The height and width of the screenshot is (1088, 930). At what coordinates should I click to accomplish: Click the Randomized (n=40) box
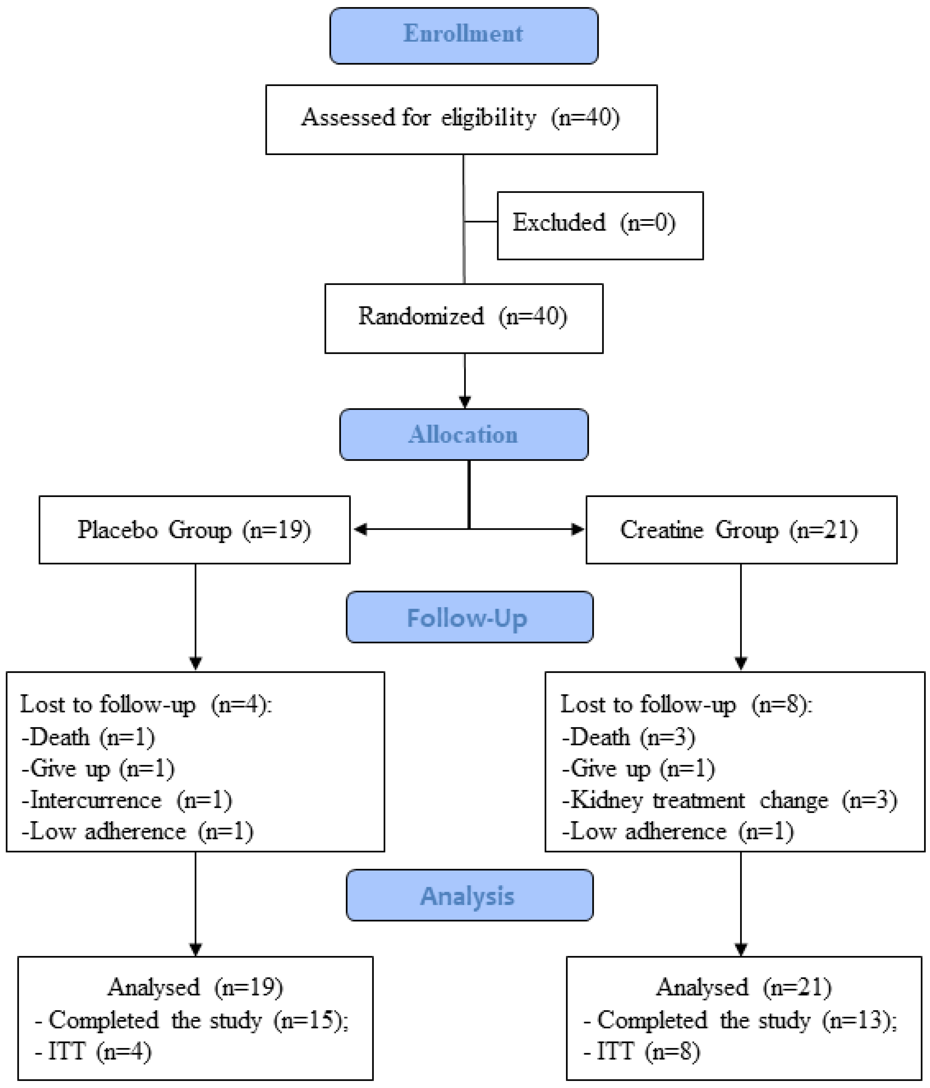click(x=464, y=318)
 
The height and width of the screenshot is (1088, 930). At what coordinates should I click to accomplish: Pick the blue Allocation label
click(x=464, y=435)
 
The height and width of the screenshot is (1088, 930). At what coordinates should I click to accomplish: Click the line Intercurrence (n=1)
click(x=127, y=800)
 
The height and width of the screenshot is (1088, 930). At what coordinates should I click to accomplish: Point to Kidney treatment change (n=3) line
click(x=730, y=800)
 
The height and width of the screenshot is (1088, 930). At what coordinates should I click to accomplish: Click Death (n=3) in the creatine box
click(x=629, y=737)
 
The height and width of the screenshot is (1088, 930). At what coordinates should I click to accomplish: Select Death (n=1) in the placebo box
click(x=88, y=737)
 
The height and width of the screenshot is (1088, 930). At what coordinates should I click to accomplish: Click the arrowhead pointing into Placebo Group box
click(x=360, y=529)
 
